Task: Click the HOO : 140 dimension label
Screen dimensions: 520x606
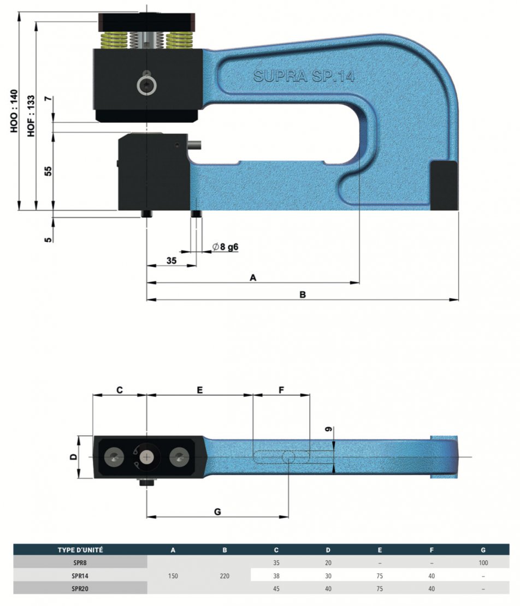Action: [14, 111]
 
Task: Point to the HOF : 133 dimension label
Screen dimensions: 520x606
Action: [31, 116]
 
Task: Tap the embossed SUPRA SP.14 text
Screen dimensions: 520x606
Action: [304, 76]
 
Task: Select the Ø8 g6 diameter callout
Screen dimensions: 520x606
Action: [225, 247]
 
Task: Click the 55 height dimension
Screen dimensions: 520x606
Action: [48, 171]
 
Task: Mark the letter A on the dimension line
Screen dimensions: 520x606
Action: [253, 277]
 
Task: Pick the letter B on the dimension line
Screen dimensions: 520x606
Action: [303, 294]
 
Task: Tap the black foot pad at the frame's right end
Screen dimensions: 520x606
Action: [444, 186]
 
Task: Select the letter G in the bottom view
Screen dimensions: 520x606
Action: [217, 512]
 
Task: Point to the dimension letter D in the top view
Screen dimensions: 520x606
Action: [73, 457]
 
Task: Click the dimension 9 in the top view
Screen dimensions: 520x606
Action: [328, 429]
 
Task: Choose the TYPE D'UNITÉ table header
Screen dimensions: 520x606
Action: [80, 550]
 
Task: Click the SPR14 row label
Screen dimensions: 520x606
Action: [80, 576]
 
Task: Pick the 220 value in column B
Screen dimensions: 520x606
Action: [224, 576]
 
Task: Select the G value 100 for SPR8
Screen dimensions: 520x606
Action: [483, 563]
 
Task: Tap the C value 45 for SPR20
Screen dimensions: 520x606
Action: [276, 589]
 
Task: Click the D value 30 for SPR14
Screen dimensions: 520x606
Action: [328, 576]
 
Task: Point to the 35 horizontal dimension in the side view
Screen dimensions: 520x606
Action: [172, 260]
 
